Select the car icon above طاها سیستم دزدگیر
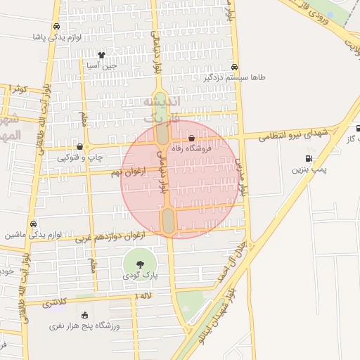234,67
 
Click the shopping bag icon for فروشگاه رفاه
192,139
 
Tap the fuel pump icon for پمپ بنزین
308,158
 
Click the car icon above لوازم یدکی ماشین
34,224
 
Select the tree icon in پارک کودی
140,264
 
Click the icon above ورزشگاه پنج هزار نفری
85,315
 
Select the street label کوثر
18,89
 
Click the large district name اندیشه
162,103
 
